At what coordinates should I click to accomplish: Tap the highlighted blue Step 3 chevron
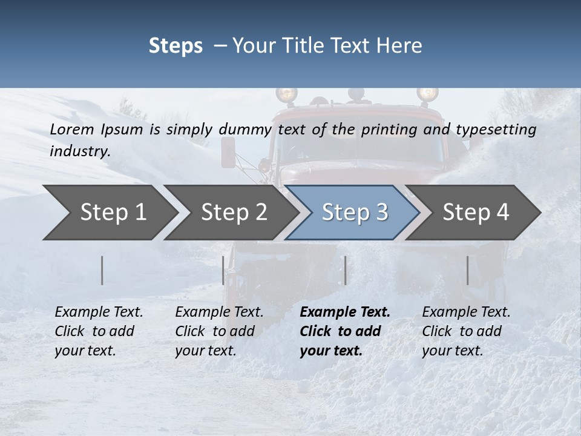[x=355, y=213]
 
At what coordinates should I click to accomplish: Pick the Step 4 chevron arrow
[x=476, y=213]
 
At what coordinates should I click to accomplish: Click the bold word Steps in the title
[x=176, y=46]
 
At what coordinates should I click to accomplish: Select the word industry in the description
[x=80, y=151]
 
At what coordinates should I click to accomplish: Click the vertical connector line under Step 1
[x=102, y=270]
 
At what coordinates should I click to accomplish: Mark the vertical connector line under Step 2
[x=223, y=270]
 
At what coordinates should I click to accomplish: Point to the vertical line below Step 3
[x=345, y=270]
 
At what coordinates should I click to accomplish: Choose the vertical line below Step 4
[x=467, y=270]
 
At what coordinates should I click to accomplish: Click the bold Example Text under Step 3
[x=345, y=312]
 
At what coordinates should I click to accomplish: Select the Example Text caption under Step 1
[x=99, y=312]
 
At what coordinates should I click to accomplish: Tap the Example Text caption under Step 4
[x=466, y=312]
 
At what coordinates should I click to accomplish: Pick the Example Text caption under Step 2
[x=219, y=312]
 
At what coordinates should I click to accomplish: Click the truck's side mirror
[x=228, y=151]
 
